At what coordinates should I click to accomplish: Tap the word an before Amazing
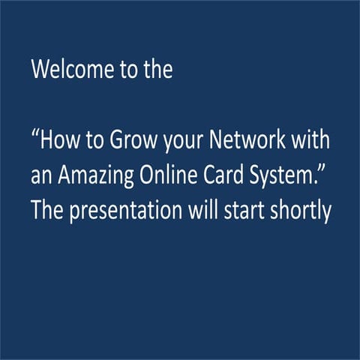[x=41, y=177]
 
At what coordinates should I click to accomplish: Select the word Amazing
[x=93, y=178]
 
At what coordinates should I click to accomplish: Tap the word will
[x=201, y=211]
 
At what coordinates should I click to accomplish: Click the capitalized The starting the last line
[x=46, y=211]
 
